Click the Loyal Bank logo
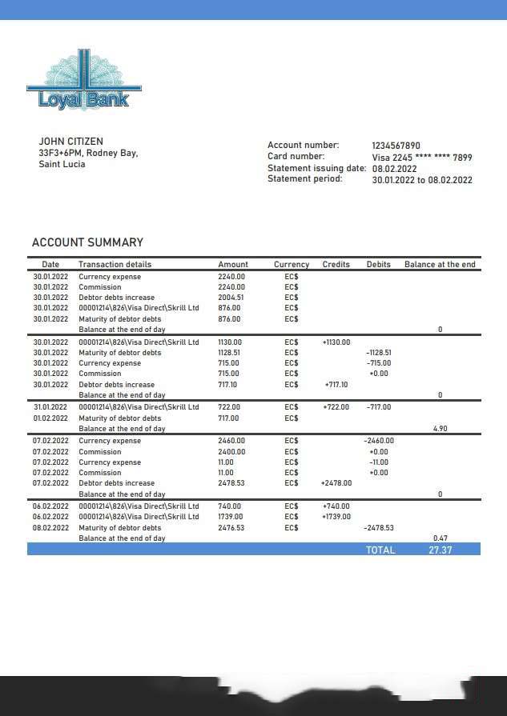coord(83,82)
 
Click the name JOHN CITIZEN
coord(70,142)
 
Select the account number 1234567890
coord(396,146)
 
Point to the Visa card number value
coord(421,158)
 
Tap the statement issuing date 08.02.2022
coord(394,169)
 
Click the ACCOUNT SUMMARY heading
coord(87,242)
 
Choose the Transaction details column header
coord(115,264)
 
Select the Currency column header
coord(292,264)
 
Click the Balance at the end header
coord(440,264)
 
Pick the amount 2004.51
coord(231,298)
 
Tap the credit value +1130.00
coord(336,342)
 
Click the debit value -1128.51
coord(378,353)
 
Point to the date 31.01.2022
coord(50,407)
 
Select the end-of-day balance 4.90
coord(440,429)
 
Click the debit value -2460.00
coord(378,441)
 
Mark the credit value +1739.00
coord(336,517)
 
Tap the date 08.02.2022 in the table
coord(50,528)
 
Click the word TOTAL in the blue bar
coord(380,550)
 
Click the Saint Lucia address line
coord(62,164)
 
